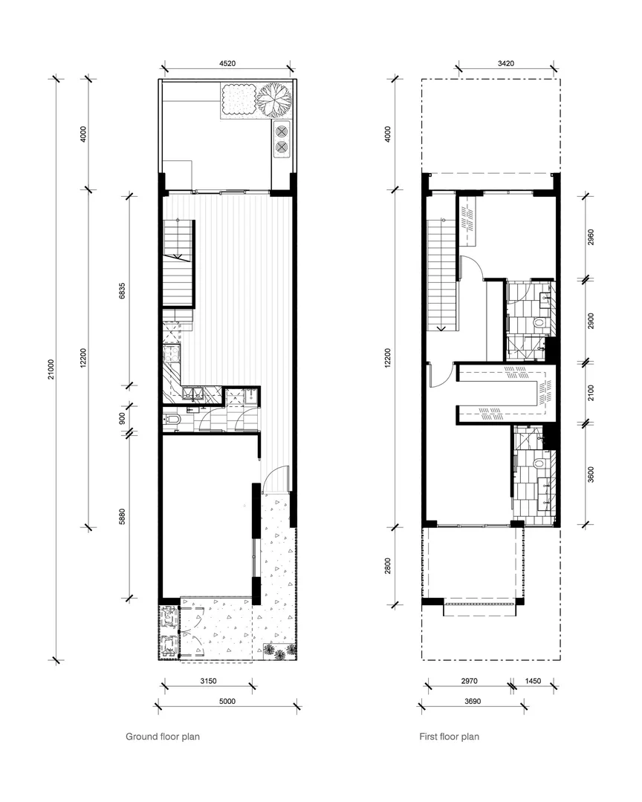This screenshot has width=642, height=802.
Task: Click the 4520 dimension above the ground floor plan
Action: point(227,65)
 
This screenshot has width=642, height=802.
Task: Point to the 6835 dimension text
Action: point(124,290)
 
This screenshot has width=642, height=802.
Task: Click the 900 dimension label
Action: point(124,418)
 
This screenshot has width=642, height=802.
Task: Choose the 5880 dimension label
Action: point(124,516)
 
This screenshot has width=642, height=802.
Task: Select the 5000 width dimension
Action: point(227,701)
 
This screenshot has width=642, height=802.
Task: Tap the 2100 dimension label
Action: point(591,392)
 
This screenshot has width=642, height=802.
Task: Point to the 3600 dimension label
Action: point(591,474)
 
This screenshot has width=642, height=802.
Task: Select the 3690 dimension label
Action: point(473,701)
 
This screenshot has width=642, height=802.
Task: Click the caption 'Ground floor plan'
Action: point(162,737)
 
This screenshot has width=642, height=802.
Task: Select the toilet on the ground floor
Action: point(173,421)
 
